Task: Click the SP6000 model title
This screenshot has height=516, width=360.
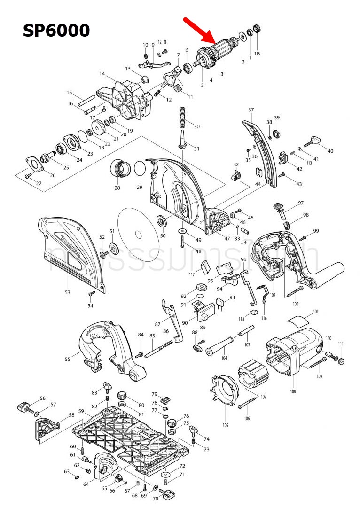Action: point(56,30)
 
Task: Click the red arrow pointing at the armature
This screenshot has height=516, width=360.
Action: point(199,31)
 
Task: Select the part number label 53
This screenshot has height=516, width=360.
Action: point(68,292)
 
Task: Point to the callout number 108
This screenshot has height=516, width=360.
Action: point(293,391)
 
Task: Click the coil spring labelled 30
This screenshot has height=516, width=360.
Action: point(183,118)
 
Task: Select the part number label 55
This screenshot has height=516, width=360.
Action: point(68,359)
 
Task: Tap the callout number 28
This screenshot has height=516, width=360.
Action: point(117,188)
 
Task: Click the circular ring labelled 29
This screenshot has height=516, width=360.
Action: point(140,168)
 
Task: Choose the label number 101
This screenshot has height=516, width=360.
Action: point(316,311)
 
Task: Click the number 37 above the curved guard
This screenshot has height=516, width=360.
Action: point(251,110)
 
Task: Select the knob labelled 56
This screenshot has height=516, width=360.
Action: point(24,406)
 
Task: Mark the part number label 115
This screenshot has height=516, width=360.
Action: point(257,54)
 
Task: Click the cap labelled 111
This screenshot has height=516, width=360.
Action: point(342,361)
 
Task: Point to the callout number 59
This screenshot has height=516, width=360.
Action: point(81,411)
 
